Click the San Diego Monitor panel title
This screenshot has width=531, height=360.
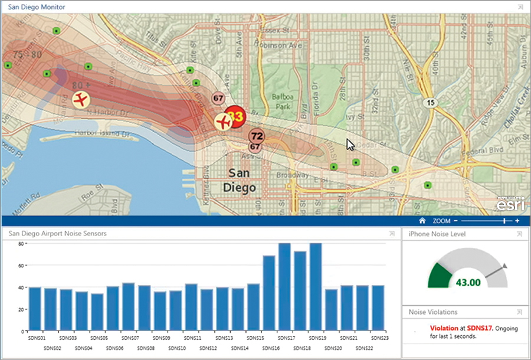pyautogui.click(x=37, y=7)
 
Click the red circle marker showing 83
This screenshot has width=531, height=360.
pyautogui.click(x=236, y=117)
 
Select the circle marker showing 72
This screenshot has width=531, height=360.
pyautogui.click(x=256, y=136)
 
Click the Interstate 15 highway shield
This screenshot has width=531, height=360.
pyautogui.click(x=432, y=103)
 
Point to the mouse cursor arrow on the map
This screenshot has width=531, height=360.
pyautogui.click(x=350, y=145)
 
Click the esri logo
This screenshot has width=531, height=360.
pyautogui.click(x=509, y=205)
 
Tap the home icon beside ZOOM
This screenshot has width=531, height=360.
pyautogui.click(x=422, y=221)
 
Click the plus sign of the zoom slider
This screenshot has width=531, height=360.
pyautogui.click(x=517, y=221)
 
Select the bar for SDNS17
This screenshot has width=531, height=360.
pyautogui.click(x=284, y=286)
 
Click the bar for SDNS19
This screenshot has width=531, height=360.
pyautogui.click(x=316, y=286)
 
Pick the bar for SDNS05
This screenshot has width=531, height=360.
pyautogui.click(x=97, y=311)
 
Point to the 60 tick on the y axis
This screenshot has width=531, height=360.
pyautogui.click(x=20, y=266)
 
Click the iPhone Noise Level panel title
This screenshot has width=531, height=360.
pyautogui.click(x=435, y=234)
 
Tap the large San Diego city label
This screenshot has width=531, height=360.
pyautogui.click(x=243, y=180)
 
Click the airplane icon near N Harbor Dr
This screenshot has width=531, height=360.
pyautogui.click(x=81, y=99)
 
